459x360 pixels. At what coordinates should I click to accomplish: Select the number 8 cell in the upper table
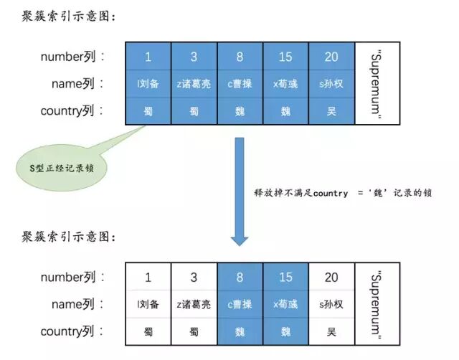point(240,56)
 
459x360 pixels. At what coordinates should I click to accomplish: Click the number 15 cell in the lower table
point(285,277)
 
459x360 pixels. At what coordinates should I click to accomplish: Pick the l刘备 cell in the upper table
point(148,83)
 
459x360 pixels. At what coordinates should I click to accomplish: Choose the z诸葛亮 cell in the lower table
point(194,304)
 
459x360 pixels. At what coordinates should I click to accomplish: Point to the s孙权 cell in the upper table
point(331,83)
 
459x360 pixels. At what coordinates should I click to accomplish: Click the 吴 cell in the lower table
point(331,332)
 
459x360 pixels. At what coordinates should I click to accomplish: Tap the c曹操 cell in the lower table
point(240,304)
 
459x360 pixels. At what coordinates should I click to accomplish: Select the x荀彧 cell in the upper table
point(285,83)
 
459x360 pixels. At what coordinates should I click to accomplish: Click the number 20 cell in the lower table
point(331,277)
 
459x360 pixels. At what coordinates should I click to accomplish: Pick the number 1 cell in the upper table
point(148,56)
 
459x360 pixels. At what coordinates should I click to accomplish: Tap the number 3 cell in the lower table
point(194,277)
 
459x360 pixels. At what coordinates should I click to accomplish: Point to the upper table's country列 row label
point(72,110)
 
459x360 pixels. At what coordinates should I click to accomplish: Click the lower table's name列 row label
point(77,304)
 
